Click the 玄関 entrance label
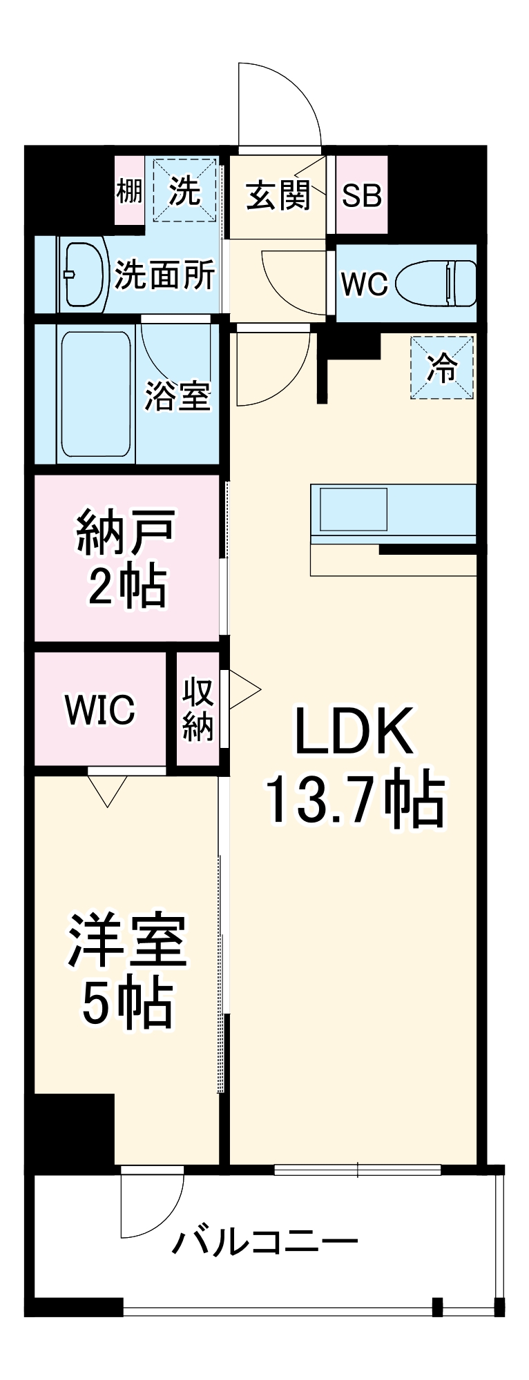[278, 195]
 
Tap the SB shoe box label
[362, 195]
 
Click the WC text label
[365, 284]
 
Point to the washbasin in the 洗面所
[86, 274]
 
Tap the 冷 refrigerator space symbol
[442, 367]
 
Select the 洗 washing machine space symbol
[184, 190]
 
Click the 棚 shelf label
[129, 190]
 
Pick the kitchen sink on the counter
[353, 509]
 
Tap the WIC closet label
[100, 709]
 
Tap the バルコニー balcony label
[265, 1243]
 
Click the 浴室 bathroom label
[177, 396]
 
